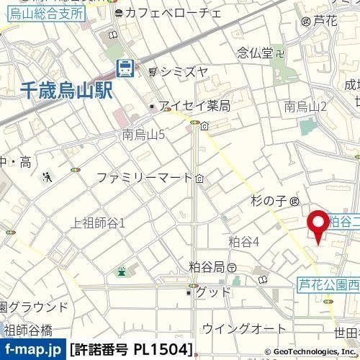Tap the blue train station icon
click(x=125, y=68)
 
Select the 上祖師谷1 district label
click(x=99, y=223)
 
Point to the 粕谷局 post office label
click(x=208, y=266)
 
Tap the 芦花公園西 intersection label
click(x=328, y=284)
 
